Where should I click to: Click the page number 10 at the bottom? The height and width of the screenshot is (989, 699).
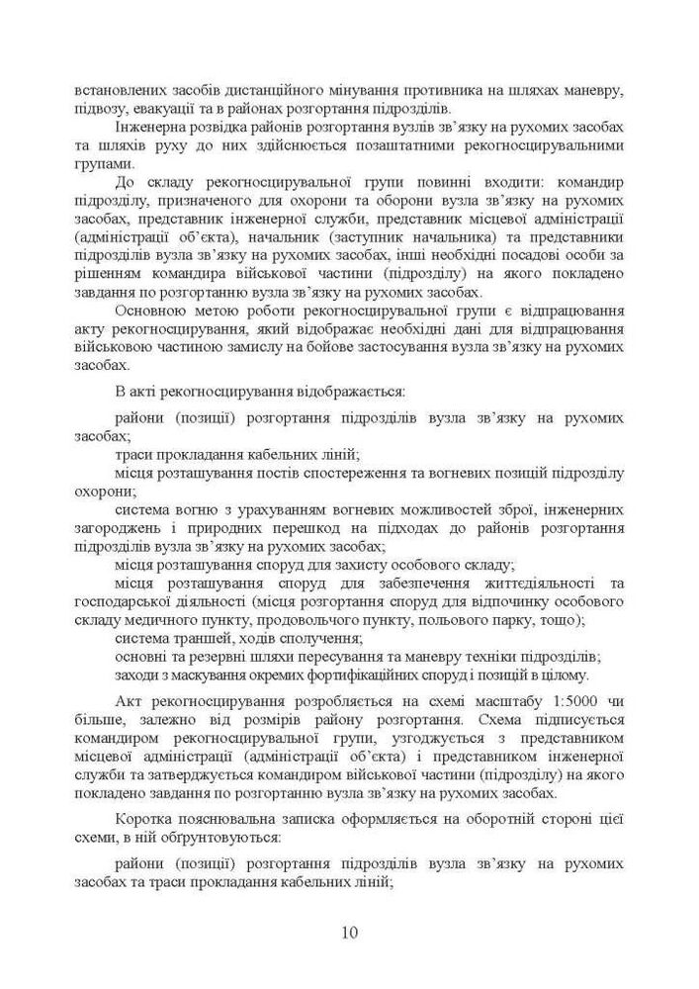coord(349,932)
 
